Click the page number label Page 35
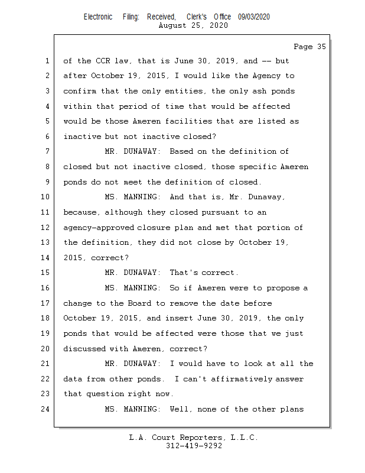click(x=309, y=46)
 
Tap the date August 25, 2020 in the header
click(x=194, y=25)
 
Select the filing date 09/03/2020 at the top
click(x=254, y=17)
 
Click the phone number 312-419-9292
click(x=194, y=446)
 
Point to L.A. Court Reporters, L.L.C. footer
click(x=194, y=438)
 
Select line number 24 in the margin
click(x=45, y=409)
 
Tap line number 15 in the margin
click(x=45, y=273)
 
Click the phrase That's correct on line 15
click(x=204, y=273)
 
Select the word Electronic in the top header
click(x=98, y=17)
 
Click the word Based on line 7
click(x=181, y=152)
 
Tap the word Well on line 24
click(x=181, y=409)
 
